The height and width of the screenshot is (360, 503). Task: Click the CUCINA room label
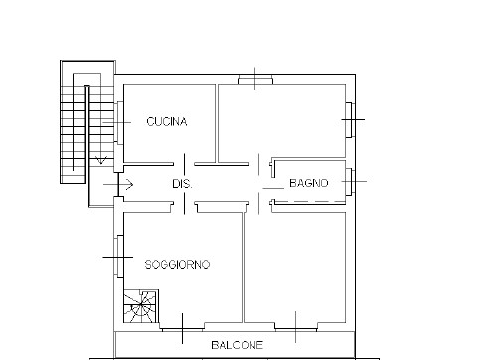tap(167, 122)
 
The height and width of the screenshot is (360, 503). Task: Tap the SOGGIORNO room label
tap(178, 265)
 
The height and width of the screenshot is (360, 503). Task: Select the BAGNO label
tap(309, 183)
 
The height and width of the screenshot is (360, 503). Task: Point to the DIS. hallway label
tap(182, 184)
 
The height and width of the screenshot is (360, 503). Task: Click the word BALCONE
tap(238, 345)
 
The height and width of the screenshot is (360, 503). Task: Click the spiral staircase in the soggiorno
tap(141, 306)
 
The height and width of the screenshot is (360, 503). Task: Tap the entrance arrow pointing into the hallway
tap(118, 185)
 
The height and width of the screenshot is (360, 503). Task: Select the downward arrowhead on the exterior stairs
tap(101, 160)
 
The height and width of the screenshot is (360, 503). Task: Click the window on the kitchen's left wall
tap(119, 122)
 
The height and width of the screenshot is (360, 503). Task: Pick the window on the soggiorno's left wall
tap(119, 257)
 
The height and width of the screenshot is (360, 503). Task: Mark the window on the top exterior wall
tap(255, 80)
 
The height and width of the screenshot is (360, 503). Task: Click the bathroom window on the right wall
tap(351, 182)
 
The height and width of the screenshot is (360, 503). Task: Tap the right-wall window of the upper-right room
tap(351, 120)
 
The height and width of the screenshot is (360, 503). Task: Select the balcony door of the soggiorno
tap(183, 329)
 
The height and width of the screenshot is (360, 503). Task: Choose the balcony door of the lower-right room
tap(296, 329)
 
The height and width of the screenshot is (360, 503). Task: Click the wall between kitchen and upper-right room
tap(216, 123)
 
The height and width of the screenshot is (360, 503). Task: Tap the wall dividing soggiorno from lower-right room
tap(243, 268)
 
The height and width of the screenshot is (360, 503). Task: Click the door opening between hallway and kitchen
tap(184, 164)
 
